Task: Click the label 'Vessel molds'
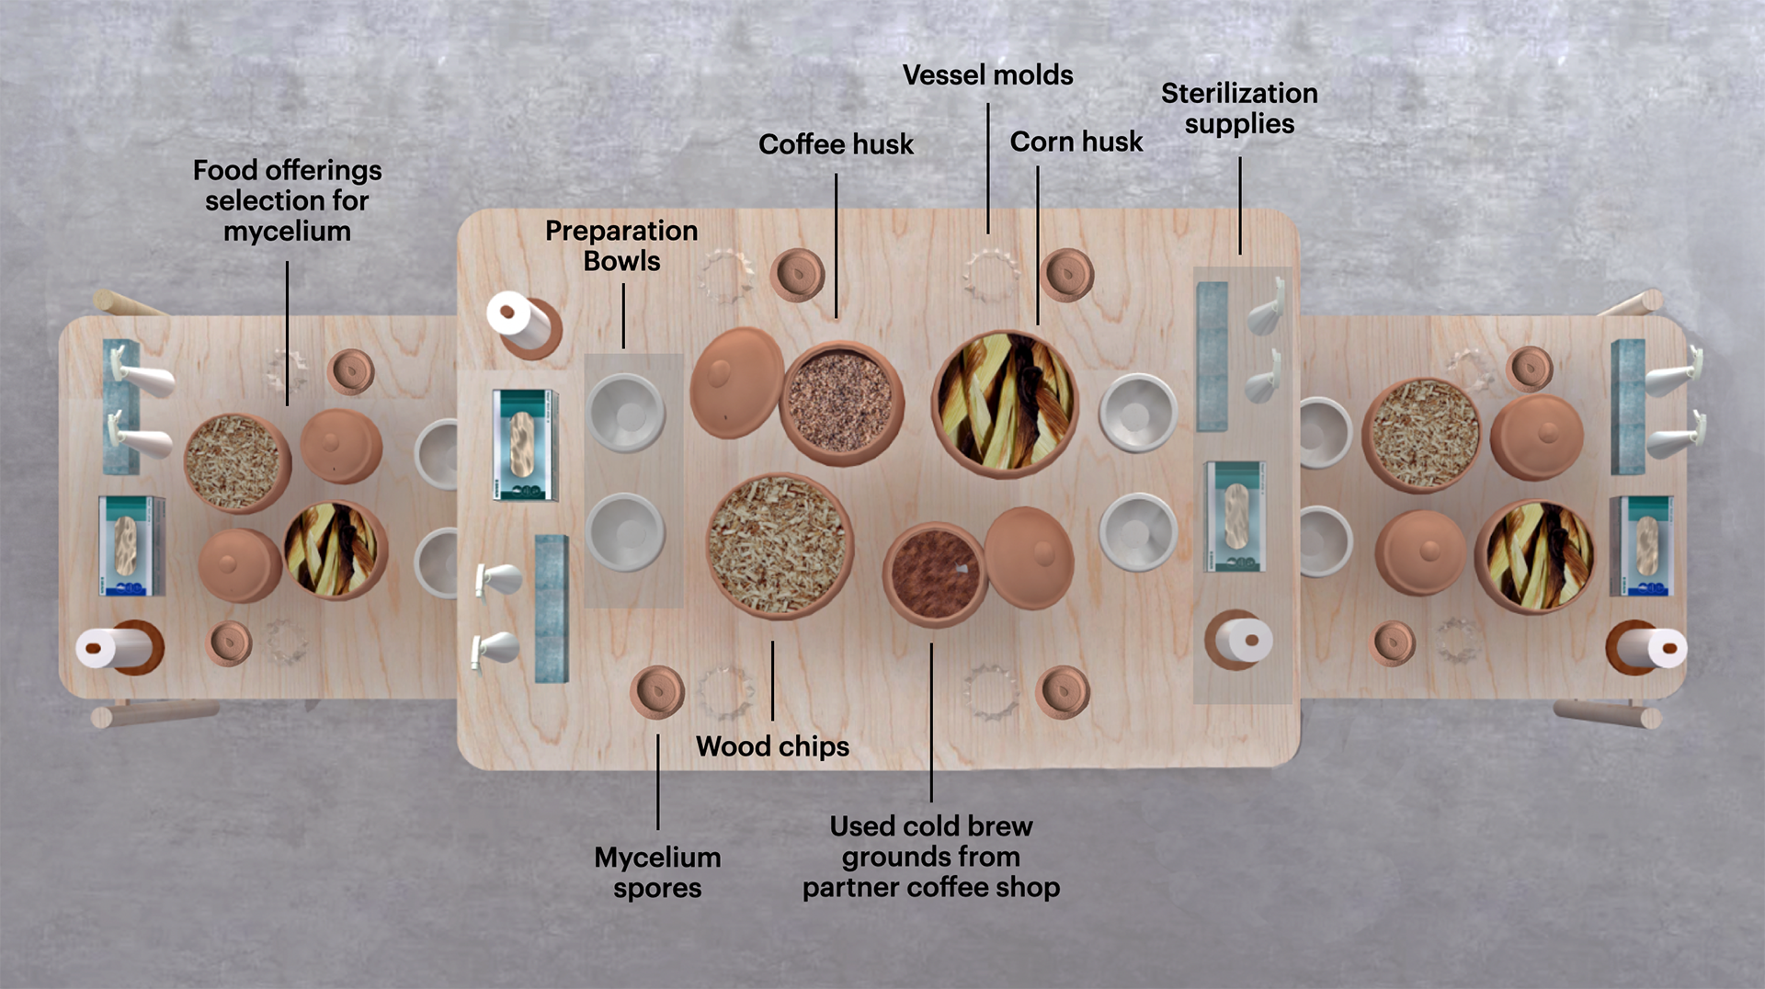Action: (987, 74)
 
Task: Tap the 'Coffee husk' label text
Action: (836, 144)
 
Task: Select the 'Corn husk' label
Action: (1076, 142)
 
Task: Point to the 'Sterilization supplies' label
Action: (1238, 108)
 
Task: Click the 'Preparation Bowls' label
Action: (621, 245)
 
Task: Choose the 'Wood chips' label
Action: (772, 746)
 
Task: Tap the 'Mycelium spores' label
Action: (657, 872)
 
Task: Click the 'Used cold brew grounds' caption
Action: (930, 856)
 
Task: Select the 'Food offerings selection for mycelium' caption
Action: (287, 200)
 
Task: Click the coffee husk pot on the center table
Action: (840, 402)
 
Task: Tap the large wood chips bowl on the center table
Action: (780, 544)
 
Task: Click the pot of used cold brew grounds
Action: (933, 573)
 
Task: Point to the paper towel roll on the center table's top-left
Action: (520, 323)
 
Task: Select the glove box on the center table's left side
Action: (525, 445)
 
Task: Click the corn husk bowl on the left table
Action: (335, 550)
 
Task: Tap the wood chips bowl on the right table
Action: (1424, 434)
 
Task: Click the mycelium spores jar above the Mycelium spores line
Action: (657, 691)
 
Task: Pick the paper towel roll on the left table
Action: (117, 648)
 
